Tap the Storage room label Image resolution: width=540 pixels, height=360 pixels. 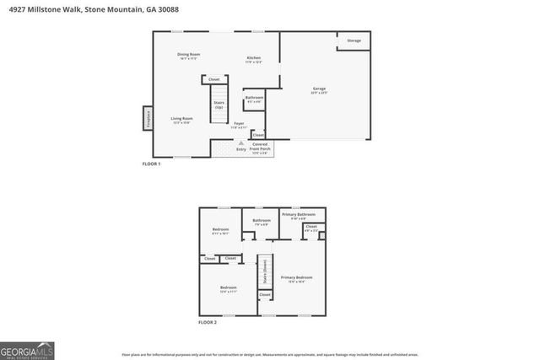point(354,40)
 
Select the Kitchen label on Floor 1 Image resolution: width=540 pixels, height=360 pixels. point(254,59)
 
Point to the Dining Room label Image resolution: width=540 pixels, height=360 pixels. point(188,56)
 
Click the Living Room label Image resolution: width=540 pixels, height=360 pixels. point(182,120)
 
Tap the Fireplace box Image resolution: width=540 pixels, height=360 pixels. point(147,118)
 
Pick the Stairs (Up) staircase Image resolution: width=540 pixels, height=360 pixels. point(219,104)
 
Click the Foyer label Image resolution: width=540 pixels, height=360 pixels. point(240,125)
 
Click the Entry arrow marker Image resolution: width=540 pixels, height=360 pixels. point(241,145)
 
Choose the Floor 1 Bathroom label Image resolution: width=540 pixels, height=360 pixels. point(254,99)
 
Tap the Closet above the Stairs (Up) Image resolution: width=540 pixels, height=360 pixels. point(214,79)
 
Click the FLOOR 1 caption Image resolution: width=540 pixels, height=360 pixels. point(152,164)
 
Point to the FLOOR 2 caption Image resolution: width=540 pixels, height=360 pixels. point(208,322)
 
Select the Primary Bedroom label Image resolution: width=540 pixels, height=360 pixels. point(296,278)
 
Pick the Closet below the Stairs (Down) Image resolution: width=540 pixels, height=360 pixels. point(264,294)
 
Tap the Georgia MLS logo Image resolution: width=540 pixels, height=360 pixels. point(27,349)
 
